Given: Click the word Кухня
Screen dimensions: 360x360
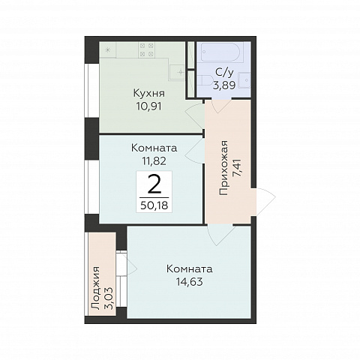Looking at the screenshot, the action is click(149, 94).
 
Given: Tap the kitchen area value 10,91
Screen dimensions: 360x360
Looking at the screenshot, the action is click(149, 106).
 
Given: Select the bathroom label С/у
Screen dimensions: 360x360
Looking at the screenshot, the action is click(224, 73).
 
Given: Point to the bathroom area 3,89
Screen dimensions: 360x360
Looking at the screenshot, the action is click(224, 85).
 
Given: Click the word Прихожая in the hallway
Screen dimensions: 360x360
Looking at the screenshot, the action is click(223, 168).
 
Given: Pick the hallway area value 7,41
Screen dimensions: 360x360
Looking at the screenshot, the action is click(237, 168).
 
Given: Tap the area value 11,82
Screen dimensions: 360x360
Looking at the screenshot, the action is click(154, 160).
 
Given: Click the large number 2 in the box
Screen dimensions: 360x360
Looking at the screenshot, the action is click(154, 184).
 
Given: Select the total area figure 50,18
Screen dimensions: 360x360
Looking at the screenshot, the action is click(154, 205).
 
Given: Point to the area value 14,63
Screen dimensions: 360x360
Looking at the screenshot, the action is click(189, 282).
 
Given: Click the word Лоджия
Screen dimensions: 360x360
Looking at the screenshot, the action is click(95, 288).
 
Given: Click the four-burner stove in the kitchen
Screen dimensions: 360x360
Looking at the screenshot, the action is click(147, 49).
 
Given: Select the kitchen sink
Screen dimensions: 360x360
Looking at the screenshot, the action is click(177, 72).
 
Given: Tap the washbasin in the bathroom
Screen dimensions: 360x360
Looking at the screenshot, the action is click(244, 79).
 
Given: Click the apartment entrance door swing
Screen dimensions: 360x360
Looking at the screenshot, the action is click(265, 202).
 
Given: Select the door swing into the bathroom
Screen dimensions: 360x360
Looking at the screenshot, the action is click(221, 106).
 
